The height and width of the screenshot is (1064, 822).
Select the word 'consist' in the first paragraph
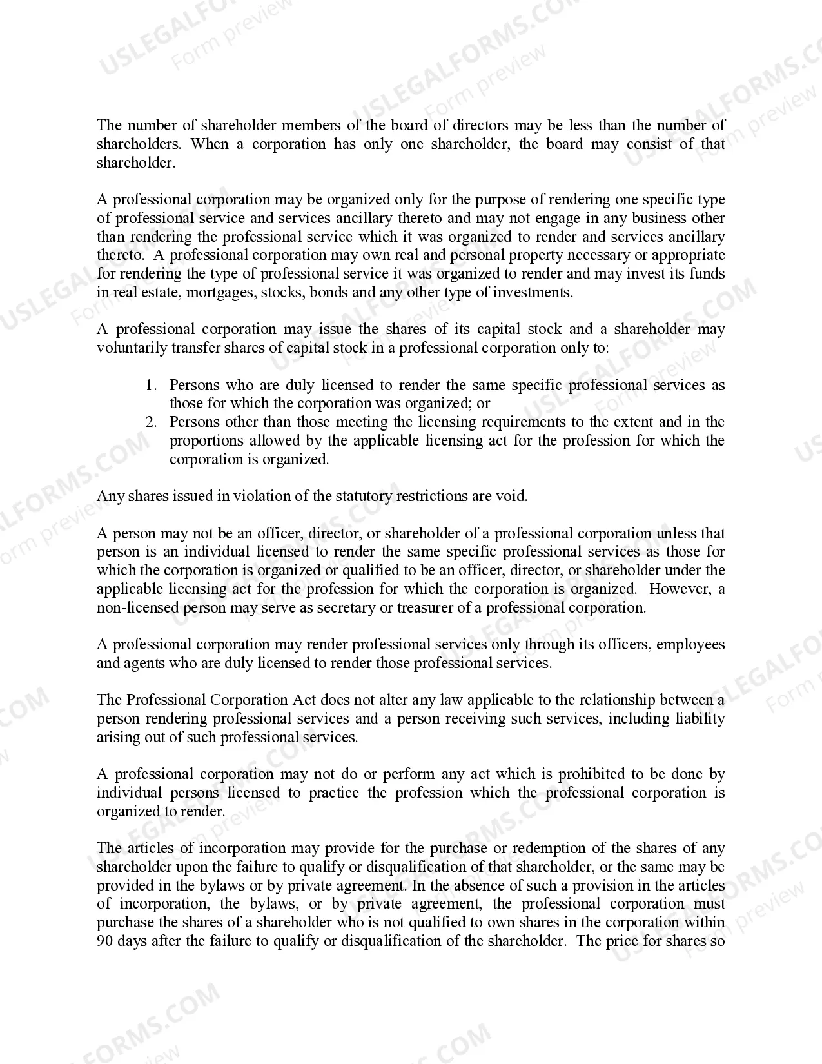tap(649, 144)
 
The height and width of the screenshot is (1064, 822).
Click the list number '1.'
tap(151, 385)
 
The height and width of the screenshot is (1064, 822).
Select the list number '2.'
tap(151, 422)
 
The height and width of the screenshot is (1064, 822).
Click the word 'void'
tap(515, 496)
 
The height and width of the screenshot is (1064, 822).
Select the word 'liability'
tap(700, 718)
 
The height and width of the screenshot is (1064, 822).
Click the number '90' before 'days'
tap(105, 941)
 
